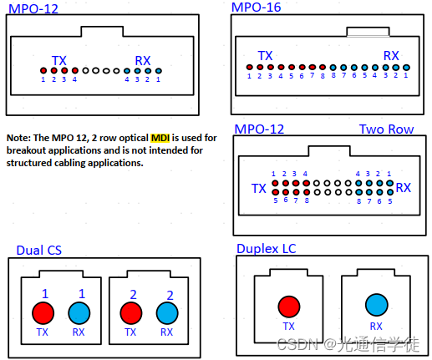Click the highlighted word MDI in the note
(160, 137)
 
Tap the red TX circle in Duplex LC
(289, 305)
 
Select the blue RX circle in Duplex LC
(375, 305)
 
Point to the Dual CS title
(38, 250)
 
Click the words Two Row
(386, 129)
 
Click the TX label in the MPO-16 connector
(265, 56)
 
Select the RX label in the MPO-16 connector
(391, 56)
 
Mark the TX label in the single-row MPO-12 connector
(59, 60)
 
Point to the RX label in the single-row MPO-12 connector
(143, 60)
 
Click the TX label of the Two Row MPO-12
(259, 189)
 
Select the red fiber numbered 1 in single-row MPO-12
(43, 70)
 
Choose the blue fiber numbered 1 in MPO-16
(406, 67)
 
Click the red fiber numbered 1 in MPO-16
(249, 67)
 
